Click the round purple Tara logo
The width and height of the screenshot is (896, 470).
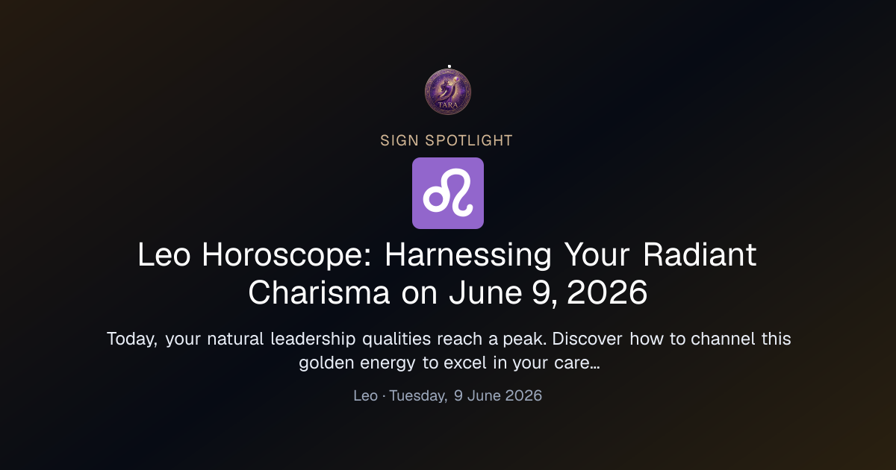448,92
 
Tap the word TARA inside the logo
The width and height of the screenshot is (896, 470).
448,105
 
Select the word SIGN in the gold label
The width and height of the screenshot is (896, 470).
399,141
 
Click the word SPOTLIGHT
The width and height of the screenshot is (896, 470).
469,141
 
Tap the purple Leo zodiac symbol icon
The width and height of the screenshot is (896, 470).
448,193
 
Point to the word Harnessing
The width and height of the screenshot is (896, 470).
468,256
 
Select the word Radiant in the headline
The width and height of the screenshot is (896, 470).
700,255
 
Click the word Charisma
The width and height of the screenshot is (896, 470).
319,292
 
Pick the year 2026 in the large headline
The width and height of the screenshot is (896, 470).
607,292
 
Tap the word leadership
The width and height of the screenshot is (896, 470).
313,339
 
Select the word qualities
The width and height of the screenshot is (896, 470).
396,339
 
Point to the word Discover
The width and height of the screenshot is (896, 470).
587,339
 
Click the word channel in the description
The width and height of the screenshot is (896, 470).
723,339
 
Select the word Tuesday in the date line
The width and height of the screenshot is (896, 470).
418,396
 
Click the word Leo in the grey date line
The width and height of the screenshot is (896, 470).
366,395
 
